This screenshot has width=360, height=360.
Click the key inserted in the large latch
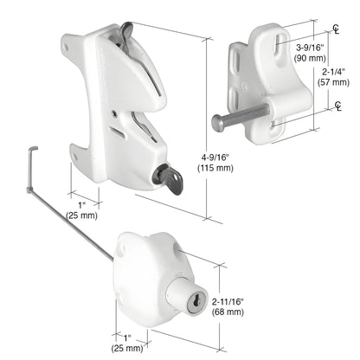[165, 177]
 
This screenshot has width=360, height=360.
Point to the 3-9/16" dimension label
[310, 48]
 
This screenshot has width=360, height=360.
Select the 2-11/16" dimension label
[227, 300]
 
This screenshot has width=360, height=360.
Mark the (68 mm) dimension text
[227, 312]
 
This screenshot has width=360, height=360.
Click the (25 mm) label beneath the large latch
[82, 215]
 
